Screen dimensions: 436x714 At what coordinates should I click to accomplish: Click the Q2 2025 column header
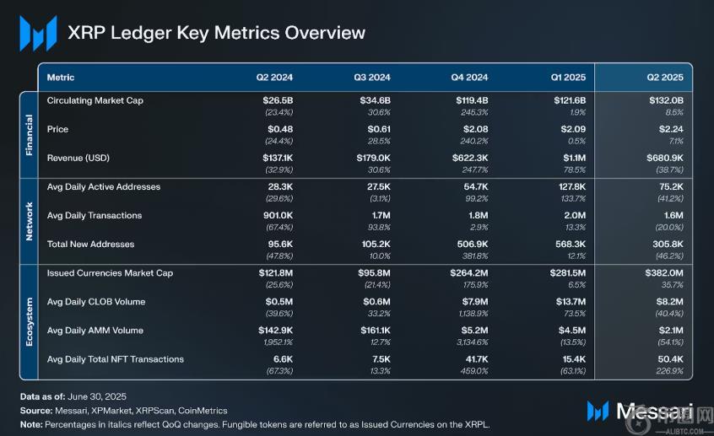[664, 78]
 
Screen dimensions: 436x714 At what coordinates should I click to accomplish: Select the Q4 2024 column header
[469, 78]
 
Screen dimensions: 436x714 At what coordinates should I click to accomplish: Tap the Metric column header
[61, 78]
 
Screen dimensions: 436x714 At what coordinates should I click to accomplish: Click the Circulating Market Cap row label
[95, 100]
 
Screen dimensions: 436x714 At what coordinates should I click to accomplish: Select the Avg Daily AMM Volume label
[95, 331]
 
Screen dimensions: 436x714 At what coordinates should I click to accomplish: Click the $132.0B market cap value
[666, 100]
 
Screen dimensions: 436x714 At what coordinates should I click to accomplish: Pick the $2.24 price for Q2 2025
[669, 129]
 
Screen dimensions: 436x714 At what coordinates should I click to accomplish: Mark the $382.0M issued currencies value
[664, 272]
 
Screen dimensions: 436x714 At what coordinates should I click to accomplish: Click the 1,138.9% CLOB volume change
[469, 314]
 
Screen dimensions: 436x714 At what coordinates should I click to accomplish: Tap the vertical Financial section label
[29, 132]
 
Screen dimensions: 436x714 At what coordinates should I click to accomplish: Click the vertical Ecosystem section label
[29, 321]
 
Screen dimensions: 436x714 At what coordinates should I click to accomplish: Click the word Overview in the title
[325, 33]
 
